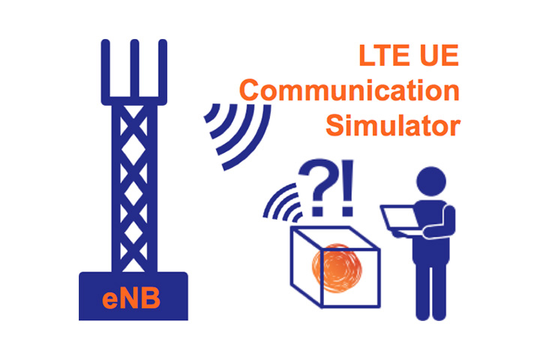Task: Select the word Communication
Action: (x=349, y=90)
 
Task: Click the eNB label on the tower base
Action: (x=131, y=298)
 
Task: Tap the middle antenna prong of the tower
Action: (x=134, y=69)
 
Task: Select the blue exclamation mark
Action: (x=348, y=187)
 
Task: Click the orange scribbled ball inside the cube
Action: (x=337, y=268)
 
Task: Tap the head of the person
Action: (x=431, y=181)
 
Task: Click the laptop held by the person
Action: (x=400, y=220)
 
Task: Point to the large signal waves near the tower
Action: (x=238, y=136)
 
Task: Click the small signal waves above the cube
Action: (x=283, y=203)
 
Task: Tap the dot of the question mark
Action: (x=317, y=211)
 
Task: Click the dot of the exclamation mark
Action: (x=347, y=211)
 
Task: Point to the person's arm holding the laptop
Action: (x=442, y=224)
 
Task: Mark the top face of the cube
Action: (x=336, y=238)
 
